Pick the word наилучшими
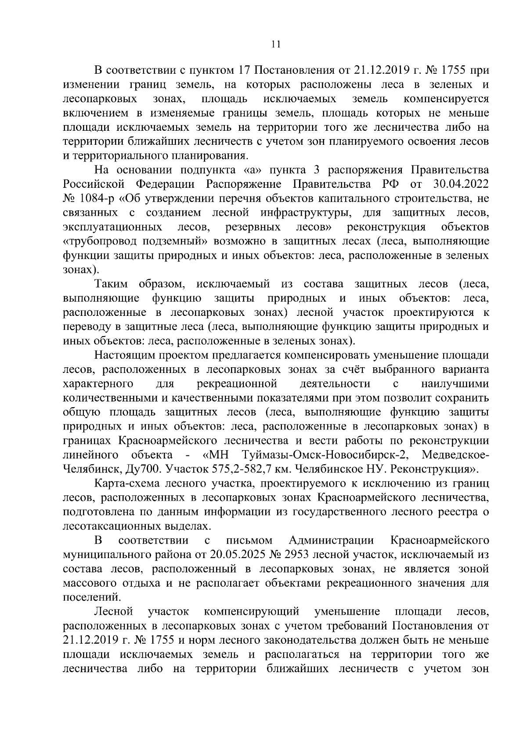tap(455, 384)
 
